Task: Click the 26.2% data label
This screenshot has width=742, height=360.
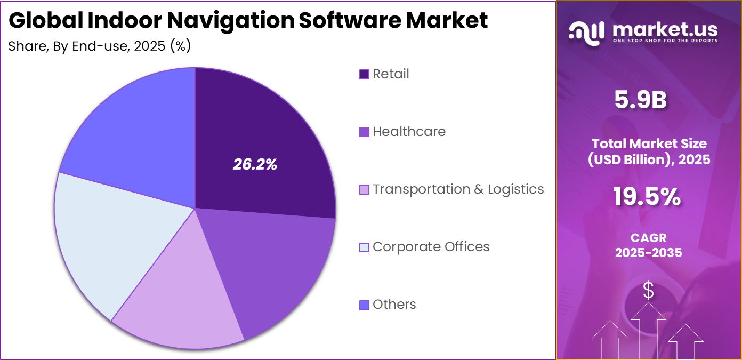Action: [x=255, y=165]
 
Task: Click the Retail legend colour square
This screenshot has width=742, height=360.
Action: [x=365, y=74]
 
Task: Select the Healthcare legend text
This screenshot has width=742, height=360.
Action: [x=409, y=132]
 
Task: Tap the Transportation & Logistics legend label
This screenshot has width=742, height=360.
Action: [x=458, y=189]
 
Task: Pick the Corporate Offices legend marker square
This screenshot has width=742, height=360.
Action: [x=365, y=247]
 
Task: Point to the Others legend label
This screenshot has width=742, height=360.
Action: [x=394, y=305]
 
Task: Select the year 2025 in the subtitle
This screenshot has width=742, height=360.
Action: [x=150, y=46]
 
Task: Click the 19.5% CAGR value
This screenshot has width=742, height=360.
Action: [x=647, y=197]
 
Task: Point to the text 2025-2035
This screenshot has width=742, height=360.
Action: [x=648, y=253]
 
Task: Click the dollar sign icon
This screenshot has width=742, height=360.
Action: [x=648, y=291]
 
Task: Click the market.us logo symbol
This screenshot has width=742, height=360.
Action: [x=586, y=31]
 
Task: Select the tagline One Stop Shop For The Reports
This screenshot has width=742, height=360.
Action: [x=665, y=41]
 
